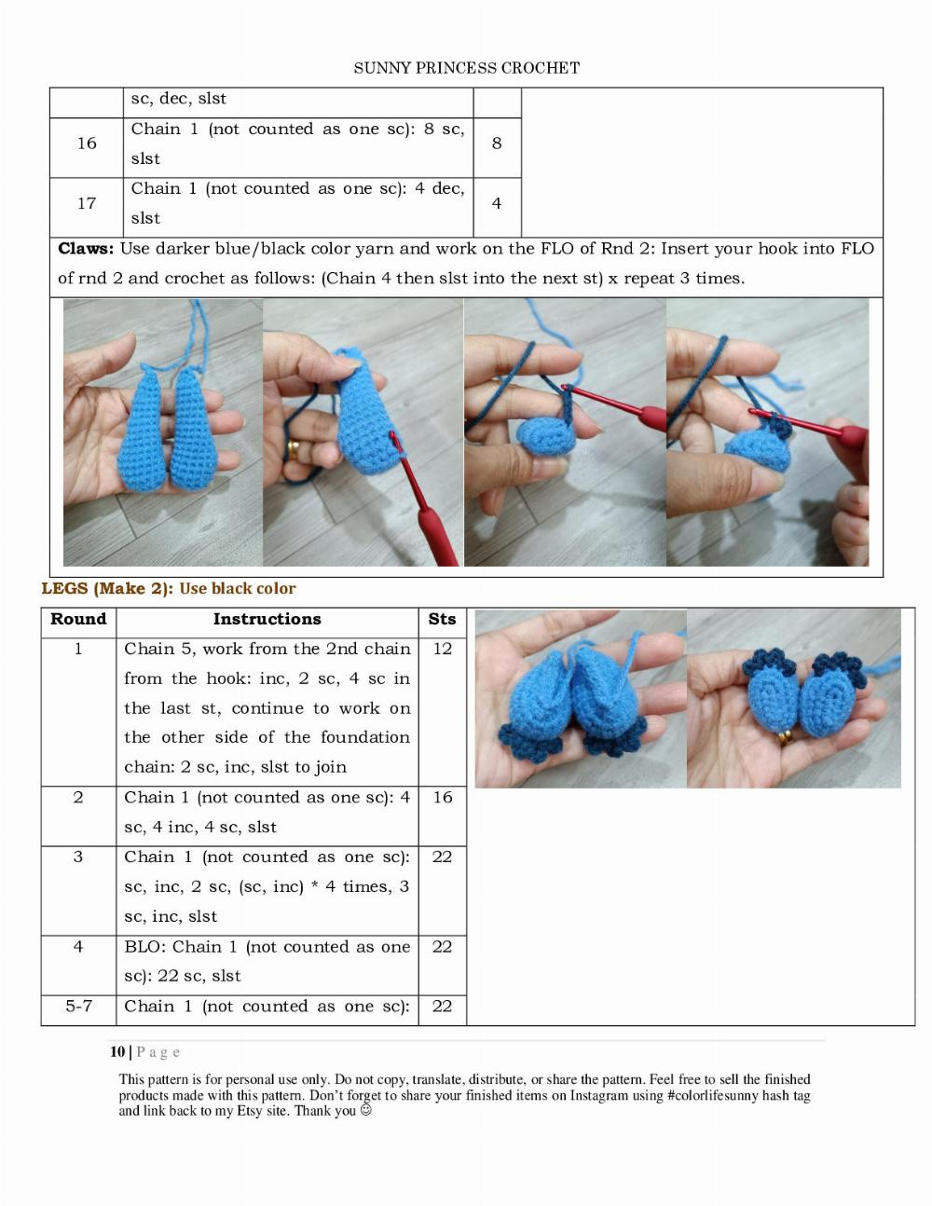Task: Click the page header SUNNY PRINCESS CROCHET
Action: click(x=466, y=68)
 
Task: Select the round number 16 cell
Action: click(x=87, y=144)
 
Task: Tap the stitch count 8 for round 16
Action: click(x=497, y=144)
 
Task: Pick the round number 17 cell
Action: click(x=87, y=203)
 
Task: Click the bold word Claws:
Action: click(x=86, y=249)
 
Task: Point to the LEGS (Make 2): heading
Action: click(x=107, y=589)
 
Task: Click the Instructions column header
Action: click(x=267, y=619)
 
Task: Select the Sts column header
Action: click(x=442, y=619)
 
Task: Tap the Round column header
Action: click(x=78, y=619)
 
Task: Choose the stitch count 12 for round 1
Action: click(x=442, y=649)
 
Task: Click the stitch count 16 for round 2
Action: click(x=442, y=798)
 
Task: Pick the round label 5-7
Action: click(x=78, y=1007)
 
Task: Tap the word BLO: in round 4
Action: click(x=144, y=947)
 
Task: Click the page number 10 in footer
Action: click(x=116, y=1052)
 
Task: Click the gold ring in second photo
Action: click(x=294, y=451)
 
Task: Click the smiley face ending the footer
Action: click(x=366, y=1111)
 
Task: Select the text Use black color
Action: click(x=238, y=589)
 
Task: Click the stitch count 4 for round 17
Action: click(x=497, y=203)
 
